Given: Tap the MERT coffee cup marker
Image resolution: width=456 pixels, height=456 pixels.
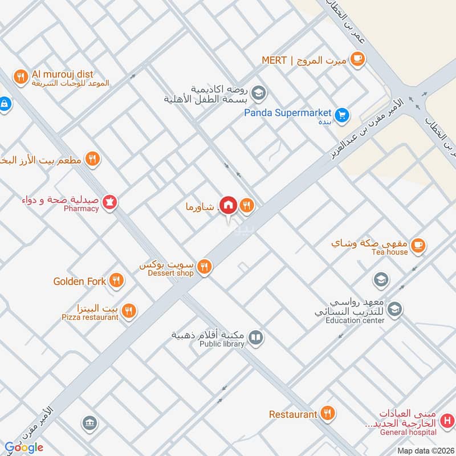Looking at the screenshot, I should [357, 58].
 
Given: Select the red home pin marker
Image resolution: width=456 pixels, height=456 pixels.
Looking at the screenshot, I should [229, 205].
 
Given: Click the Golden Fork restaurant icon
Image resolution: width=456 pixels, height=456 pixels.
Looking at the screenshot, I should [116, 279].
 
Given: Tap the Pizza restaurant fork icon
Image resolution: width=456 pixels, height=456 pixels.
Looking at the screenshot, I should [129, 311].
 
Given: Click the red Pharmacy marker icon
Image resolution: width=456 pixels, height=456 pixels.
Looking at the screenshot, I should [110, 202].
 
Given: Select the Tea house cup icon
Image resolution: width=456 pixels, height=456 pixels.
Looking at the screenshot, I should [418, 245].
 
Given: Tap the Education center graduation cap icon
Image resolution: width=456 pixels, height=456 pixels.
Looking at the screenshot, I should [394, 310].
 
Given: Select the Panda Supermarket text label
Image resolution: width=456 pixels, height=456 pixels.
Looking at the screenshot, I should [288, 112].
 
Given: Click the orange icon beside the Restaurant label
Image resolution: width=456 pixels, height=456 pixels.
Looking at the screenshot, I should [327, 414].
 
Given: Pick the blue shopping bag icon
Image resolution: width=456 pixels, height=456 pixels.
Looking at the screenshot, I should [4, 104].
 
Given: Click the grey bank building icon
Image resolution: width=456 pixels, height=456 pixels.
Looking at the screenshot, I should [89, 423].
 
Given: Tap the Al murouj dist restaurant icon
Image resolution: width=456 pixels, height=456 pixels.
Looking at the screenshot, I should [21, 76].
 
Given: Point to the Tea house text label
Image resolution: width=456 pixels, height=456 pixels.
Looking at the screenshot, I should [389, 252].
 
